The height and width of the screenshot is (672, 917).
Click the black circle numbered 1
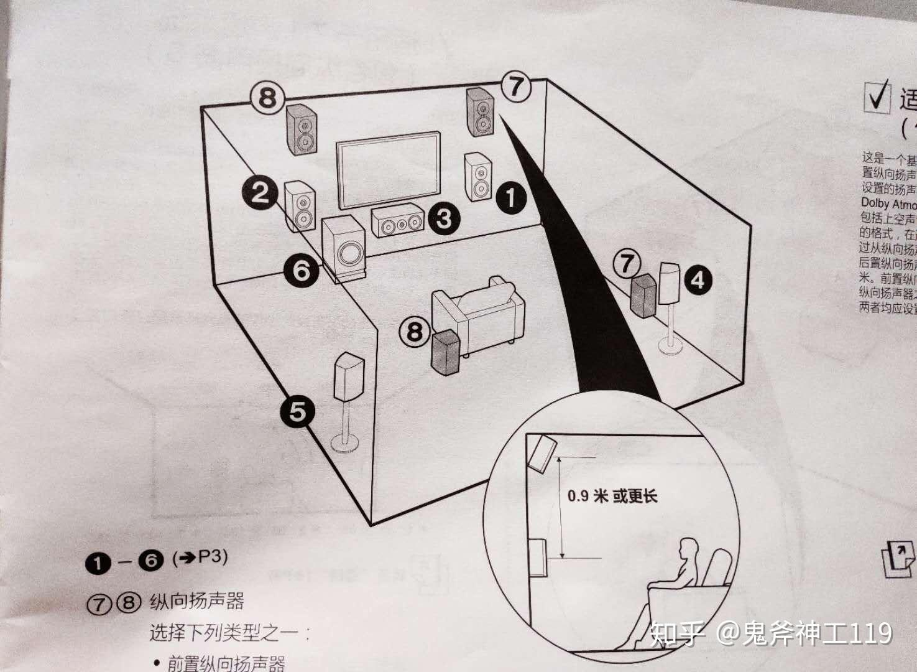pos(510,198)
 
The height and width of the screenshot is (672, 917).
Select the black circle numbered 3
pos(443,218)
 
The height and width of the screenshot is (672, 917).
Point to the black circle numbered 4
pos(698,279)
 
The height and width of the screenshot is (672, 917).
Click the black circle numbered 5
pos(297,411)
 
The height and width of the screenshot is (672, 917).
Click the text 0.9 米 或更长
pos(612,497)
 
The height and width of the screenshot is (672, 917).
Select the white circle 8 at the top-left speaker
pos(267,98)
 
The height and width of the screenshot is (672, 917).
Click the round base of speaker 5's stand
pos(344,443)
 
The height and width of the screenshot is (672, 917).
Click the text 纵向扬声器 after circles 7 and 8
pos(196,601)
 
